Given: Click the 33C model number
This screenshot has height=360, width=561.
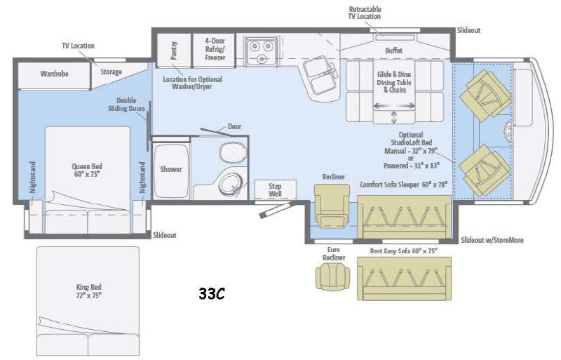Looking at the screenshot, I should coord(211,293).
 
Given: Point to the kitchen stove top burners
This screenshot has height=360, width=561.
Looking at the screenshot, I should coord(260,48).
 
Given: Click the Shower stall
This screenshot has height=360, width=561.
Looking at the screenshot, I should coord(171,169).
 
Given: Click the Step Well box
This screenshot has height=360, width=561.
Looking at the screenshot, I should coord(274,190).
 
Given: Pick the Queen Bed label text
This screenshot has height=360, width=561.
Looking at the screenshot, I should coord(87,171).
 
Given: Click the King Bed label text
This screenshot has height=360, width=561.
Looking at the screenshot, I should coord(89,291).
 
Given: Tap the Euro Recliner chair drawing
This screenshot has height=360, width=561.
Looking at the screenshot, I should coord(332,274).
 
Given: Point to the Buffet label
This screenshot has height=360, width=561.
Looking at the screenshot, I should coord(394,51).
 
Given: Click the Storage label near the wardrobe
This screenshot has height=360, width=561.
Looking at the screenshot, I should coord(111,72).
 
